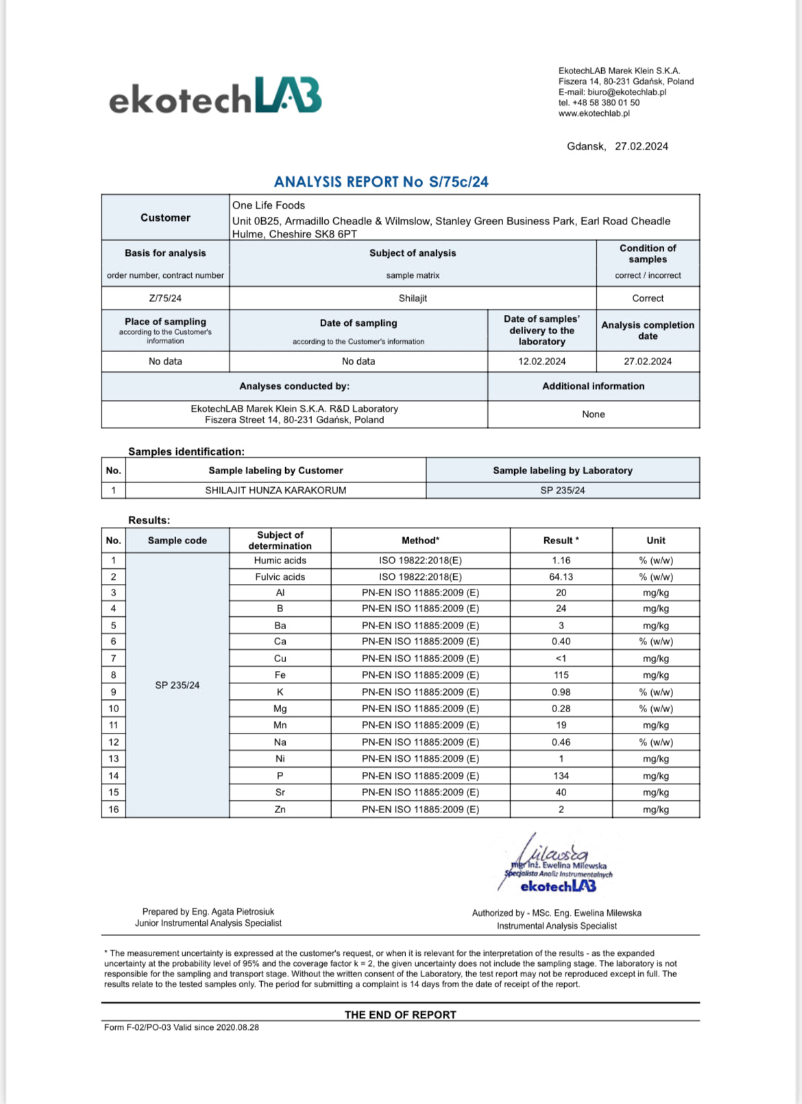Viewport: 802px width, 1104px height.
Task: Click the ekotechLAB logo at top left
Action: [215, 96]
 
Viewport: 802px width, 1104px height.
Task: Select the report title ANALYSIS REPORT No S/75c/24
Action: [381, 182]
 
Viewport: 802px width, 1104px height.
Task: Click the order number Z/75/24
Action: [165, 298]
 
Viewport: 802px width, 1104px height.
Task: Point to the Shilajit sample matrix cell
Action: [413, 298]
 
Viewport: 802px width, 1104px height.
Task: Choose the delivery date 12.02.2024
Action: [542, 362]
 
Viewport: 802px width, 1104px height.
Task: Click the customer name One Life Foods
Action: [269, 205]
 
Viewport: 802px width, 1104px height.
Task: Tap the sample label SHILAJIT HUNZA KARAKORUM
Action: [276, 491]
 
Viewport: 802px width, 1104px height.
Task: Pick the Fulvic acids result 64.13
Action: [561, 577]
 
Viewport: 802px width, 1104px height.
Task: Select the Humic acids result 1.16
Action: [561, 561]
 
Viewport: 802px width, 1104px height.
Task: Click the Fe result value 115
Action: [561, 675]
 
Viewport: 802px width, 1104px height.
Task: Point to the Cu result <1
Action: [561, 659]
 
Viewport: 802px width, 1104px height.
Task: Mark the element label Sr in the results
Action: [280, 792]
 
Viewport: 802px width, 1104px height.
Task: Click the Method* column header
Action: [420, 541]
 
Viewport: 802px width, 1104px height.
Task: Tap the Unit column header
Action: [655, 541]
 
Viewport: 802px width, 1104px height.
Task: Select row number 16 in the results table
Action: [114, 810]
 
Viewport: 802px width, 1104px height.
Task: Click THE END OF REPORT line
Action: [400, 1015]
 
